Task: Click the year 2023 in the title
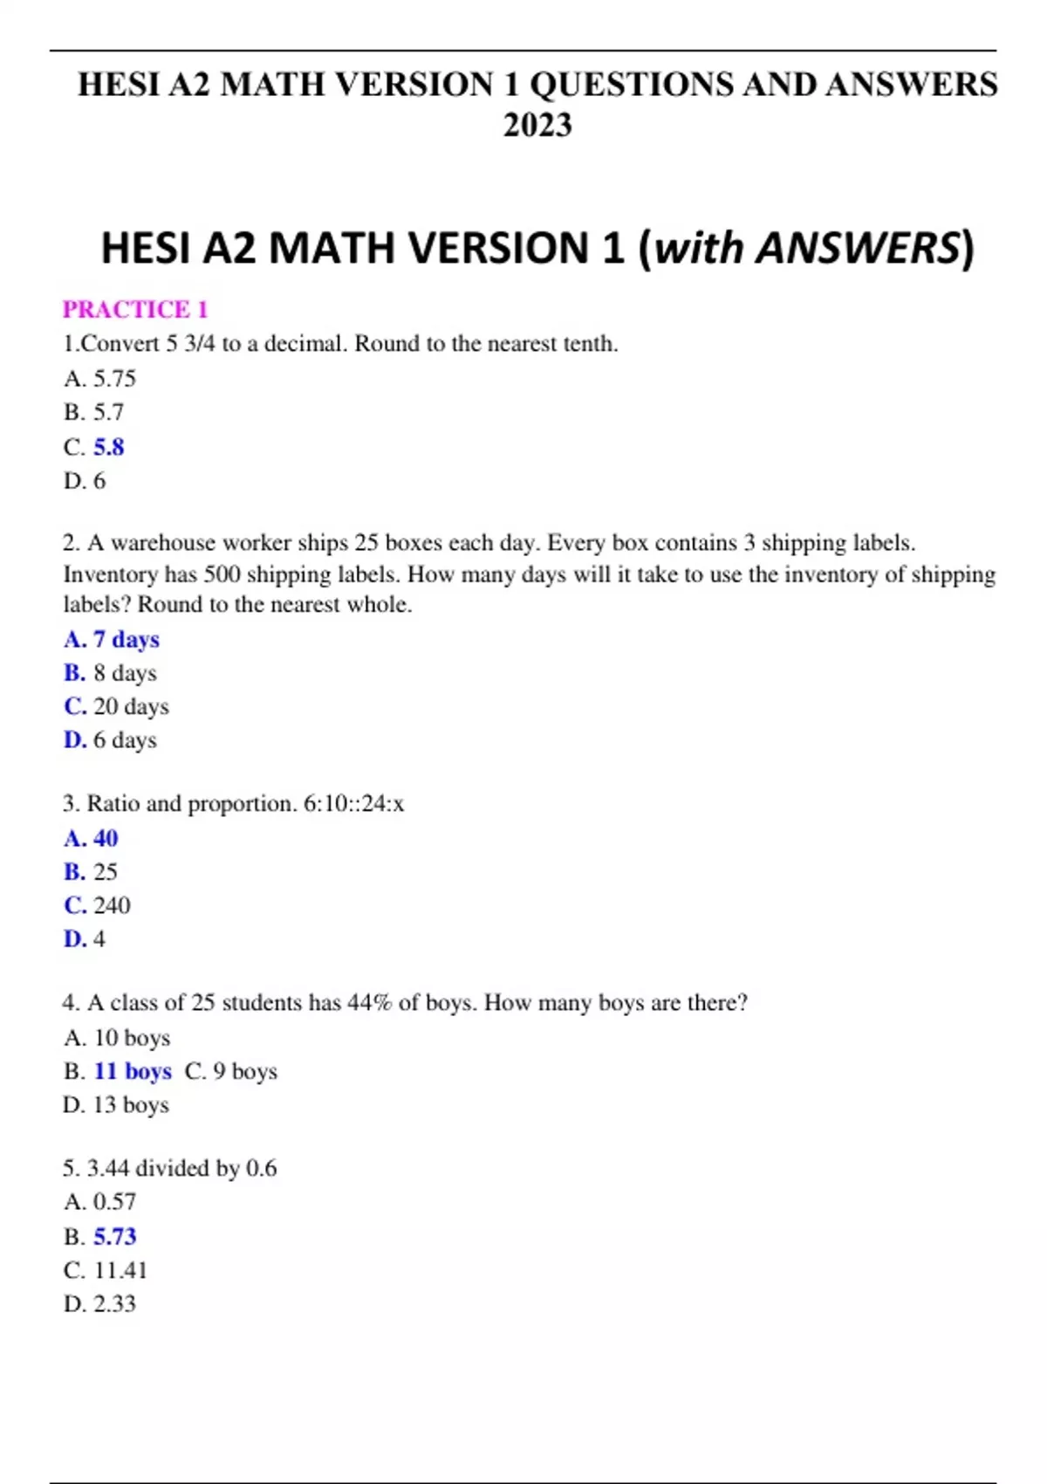click(537, 125)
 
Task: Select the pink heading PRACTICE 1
click(135, 309)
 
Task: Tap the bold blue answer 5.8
click(109, 447)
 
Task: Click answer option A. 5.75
click(100, 378)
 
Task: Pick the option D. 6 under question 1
click(85, 480)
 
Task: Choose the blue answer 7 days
click(126, 639)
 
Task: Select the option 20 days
click(131, 706)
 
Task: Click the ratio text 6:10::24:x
click(353, 803)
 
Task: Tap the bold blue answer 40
click(106, 838)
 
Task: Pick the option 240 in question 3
click(112, 905)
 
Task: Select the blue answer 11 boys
click(133, 1071)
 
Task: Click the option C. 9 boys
click(231, 1071)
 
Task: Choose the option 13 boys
click(131, 1104)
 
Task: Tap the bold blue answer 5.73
click(115, 1236)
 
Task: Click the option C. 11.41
click(106, 1269)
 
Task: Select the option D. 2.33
click(100, 1303)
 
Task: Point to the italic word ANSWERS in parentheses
click(857, 248)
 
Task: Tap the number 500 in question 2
click(222, 574)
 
